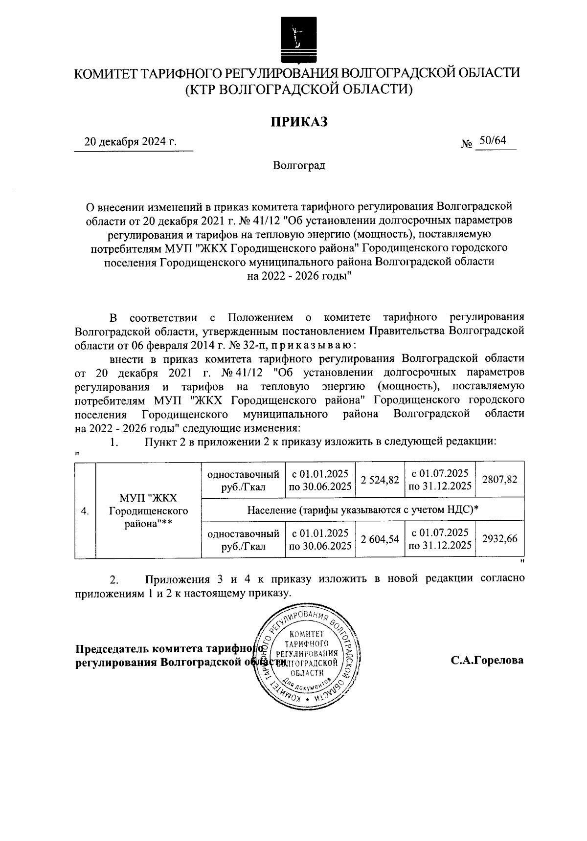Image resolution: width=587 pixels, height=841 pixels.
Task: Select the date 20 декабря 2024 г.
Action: pyautogui.click(x=130, y=142)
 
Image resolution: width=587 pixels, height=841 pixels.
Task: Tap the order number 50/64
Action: pyautogui.click(x=492, y=141)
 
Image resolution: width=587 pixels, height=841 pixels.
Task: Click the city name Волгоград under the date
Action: pyautogui.click(x=299, y=166)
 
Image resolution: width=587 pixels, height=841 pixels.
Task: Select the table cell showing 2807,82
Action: pyautogui.click(x=499, y=480)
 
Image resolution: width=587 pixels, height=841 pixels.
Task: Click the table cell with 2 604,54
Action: pyautogui.click(x=380, y=539)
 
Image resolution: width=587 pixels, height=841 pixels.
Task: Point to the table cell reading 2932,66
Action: pyautogui.click(x=499, y=539)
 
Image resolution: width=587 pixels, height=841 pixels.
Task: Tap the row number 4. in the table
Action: pyautogui.click(x=85, y=511)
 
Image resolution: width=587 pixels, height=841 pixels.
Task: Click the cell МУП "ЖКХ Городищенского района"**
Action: pyautogui.click(x=148, y=511)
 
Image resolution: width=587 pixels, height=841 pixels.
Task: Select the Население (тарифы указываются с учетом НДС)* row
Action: pyautogui.click(x=362, y=509)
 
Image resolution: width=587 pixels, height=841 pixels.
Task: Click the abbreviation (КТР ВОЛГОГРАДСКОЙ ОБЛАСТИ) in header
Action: pyautogui.click(x=299, y=89)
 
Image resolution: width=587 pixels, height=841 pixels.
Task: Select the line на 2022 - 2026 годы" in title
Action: pyautogui.click(x=299, y=276)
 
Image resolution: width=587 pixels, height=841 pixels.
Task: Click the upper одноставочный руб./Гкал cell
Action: pyautogui.click(x=243, y=480)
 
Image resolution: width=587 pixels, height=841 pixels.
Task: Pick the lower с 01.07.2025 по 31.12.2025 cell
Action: pyautogui.click(x=440, y=539)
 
